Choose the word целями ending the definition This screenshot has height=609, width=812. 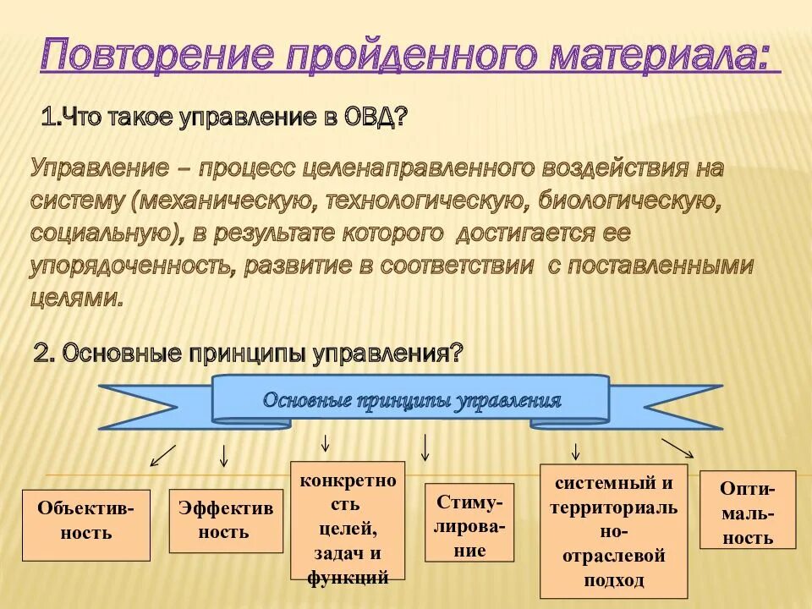pyautogui.click(x=75, y=298)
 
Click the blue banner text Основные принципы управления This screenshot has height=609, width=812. pyautogui.click(x=412, y=400)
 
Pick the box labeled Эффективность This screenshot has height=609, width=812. pyautogui.click(x=225, y=520)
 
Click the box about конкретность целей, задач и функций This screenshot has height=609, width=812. pyautogui.click(x=348, y=520)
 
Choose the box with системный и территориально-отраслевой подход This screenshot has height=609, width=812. pyautogui.click(x=613, y=530)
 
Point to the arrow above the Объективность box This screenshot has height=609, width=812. pyautogui.click(x=162, y=455)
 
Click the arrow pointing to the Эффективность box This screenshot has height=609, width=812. pyautogui.click(x=224, y=455)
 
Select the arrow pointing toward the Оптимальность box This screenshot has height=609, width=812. pyautogui.click(x=678, y=448)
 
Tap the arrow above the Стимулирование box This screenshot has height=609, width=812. pyautogui.click(x=425, y=447)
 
